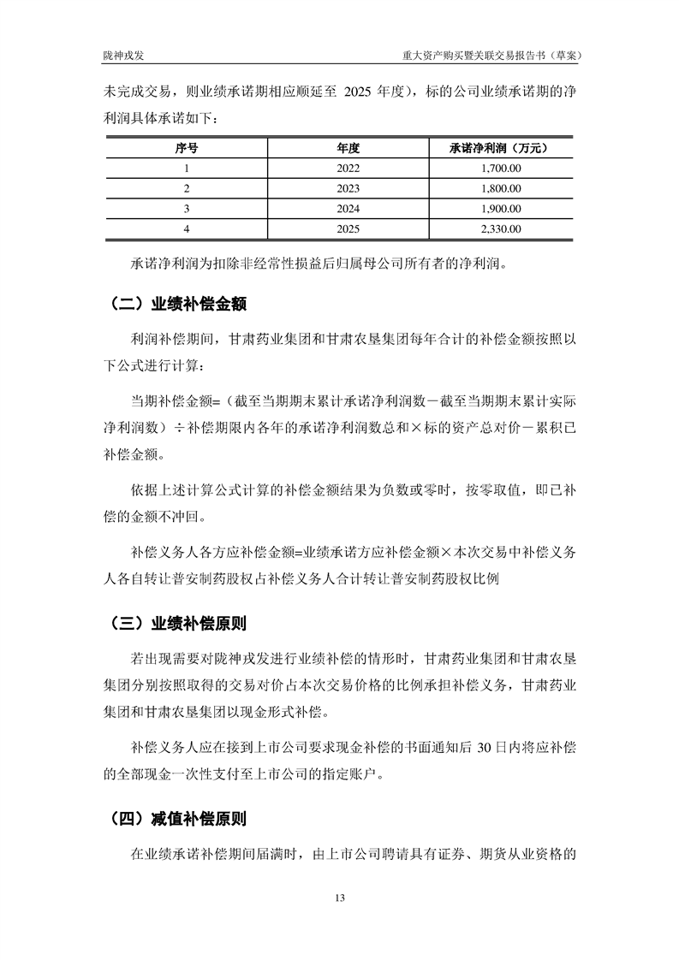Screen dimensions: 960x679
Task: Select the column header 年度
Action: (348, 148)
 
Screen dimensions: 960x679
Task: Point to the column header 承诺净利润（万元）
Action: (498, 148)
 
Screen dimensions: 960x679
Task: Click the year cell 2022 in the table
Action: (348, 169)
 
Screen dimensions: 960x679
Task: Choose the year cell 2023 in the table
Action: (348, 188)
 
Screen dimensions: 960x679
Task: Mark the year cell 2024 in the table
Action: (348, 209)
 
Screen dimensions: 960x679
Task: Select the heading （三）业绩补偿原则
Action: (179, 623)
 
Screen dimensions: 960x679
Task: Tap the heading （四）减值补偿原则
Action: (179, 819)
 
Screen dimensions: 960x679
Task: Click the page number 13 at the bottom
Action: (340, 898)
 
